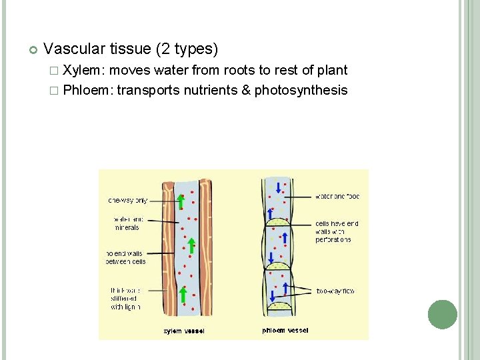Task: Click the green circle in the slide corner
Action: click(442, 314)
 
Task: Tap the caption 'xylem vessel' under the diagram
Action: click(184, 331)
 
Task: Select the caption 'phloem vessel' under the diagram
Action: click(285, 330)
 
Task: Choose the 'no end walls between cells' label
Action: click(125, 257)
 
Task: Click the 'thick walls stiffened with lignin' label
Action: click(125, 298)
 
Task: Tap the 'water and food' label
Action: click(337, 197)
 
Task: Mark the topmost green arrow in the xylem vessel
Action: click(181, 202)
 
